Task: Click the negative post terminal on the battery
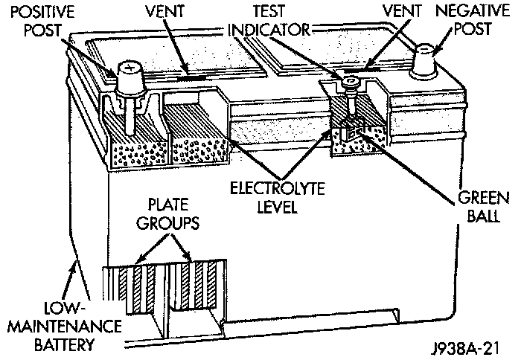[x=426, y=57]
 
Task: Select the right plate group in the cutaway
[x=201, y=286]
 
